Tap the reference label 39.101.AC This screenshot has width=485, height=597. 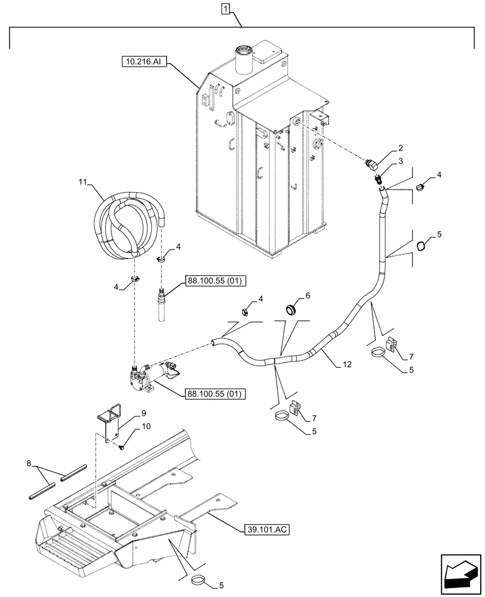(266, 530)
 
